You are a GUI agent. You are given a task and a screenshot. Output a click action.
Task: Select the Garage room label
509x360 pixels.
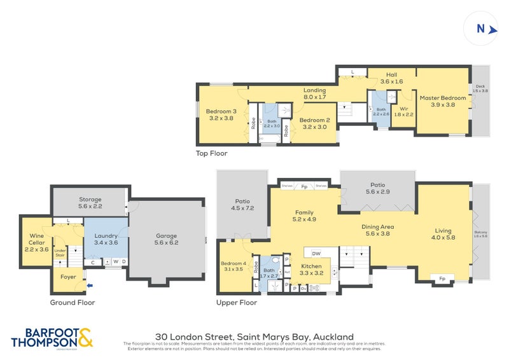click(166, 239)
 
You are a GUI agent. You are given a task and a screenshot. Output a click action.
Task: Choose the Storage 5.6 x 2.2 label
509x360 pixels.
click(90, 202)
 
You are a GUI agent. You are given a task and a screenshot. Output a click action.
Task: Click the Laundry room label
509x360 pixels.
click(106, 239)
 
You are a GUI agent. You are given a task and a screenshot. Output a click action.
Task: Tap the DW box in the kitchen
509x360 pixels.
click(316, 252)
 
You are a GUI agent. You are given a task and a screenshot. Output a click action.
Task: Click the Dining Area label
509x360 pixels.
click(378, 230)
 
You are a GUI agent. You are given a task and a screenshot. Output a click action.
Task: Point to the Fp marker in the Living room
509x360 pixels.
click(442, 279)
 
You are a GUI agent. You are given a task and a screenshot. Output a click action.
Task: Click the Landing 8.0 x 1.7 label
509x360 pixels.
click(314, 93)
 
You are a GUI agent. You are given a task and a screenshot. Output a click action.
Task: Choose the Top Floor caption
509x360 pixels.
click(211, 153)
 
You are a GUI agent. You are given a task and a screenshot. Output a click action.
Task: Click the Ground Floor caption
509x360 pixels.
click(73, 303)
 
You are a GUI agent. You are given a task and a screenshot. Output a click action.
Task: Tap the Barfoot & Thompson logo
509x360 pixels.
click(53, 337)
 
